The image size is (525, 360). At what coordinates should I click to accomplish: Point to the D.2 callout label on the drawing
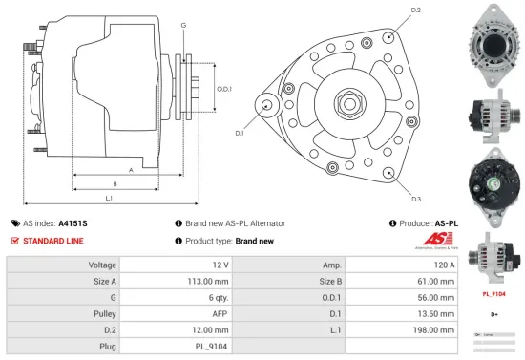[415, 11]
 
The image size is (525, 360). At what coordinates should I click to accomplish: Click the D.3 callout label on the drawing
[416, 199]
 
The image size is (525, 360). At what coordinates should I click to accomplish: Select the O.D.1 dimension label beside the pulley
[224, 89]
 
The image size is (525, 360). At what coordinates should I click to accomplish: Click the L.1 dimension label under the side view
[109, 198]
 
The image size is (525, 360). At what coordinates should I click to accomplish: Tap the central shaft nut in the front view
[345, 101]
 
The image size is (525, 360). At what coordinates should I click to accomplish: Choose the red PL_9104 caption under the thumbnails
[493, 294]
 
